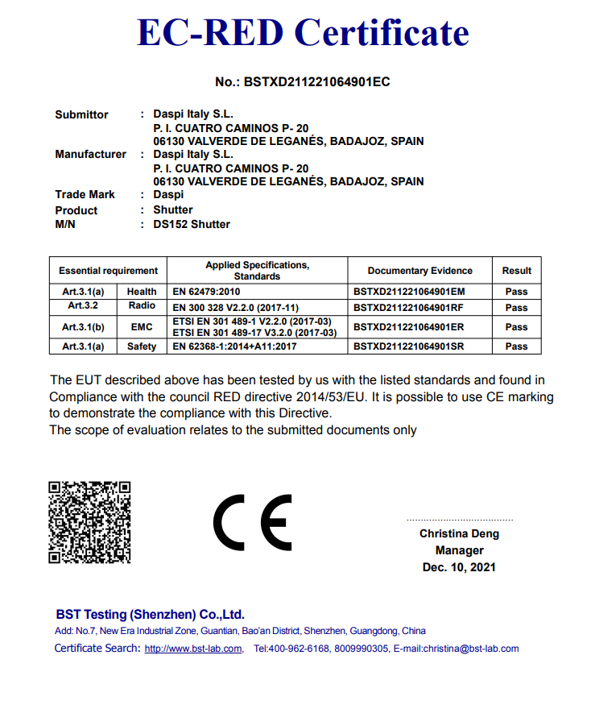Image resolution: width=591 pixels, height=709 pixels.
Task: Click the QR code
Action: [89, 522]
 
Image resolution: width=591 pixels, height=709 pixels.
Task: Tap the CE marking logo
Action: [253, 521]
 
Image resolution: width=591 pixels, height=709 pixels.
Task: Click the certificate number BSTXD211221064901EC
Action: [303, 82]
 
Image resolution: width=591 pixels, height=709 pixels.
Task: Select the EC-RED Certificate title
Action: [303, 32]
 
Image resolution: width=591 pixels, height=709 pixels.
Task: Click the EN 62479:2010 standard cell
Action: [207, 292]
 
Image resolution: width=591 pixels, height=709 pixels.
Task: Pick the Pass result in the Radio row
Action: [516, 308]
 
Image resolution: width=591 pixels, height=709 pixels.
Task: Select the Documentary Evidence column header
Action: [419, 271]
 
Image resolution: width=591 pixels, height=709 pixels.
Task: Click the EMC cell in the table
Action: [142, 327]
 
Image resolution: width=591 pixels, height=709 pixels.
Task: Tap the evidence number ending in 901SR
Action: [409, 346]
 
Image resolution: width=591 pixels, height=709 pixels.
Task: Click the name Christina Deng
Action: [459, 533]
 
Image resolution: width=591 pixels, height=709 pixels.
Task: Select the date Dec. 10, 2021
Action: [459, 567]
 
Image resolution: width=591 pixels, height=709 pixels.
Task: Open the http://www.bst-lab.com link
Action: [193, 649]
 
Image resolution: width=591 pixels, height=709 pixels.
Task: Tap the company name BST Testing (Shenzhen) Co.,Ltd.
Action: [150, 614]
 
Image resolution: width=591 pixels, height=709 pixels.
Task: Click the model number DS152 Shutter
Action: [192, 224]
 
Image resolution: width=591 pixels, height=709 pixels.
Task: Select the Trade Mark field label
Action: [85, 194]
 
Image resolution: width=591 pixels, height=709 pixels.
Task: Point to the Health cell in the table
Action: [142, 292]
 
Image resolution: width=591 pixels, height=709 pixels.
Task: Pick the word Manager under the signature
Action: [459, 550]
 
